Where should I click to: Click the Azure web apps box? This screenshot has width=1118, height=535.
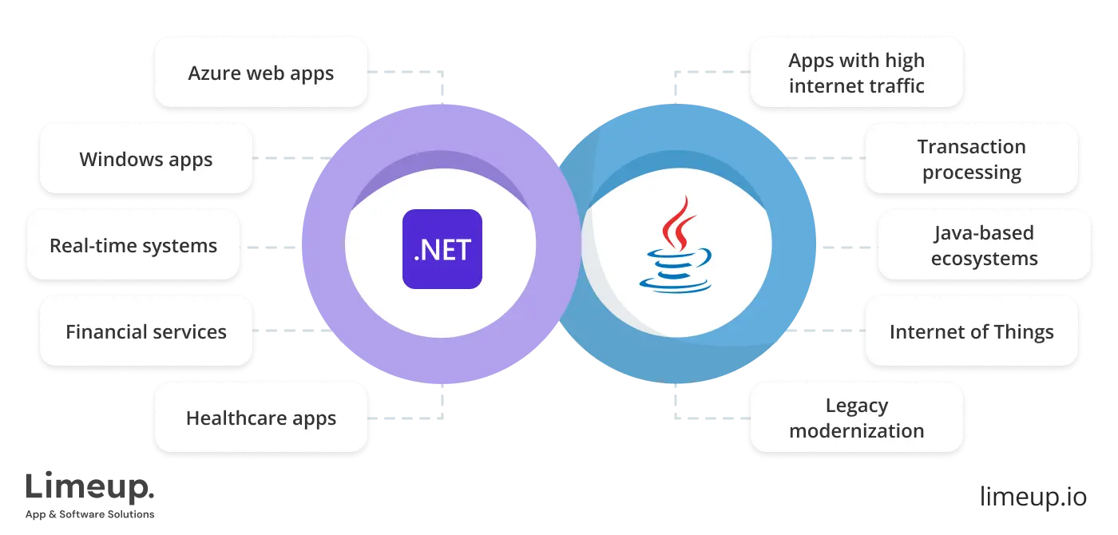(x=260, y=73)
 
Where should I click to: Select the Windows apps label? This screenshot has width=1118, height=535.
(x=146, y=158)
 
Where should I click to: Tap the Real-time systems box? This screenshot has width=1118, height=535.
(x=133, y=245)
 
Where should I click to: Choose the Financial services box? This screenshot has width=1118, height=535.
(x=146, y=331)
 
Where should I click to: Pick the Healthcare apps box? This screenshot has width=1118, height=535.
(x=260, y=418)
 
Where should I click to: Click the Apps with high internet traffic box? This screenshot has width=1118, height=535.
(x=856, y=73)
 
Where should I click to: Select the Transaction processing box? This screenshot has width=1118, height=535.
(x=971, y=159)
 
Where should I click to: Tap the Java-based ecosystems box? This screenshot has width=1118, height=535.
(x=983, y=245)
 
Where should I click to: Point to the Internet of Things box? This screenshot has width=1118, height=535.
(x=971, y=331)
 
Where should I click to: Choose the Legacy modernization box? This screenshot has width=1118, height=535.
(x=856, y=418)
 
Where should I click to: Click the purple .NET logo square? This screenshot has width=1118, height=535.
(x=442, y=248)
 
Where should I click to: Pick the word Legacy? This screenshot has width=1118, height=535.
(x=856, y=406)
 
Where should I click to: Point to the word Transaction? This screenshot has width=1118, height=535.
(x=971, y=147)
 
